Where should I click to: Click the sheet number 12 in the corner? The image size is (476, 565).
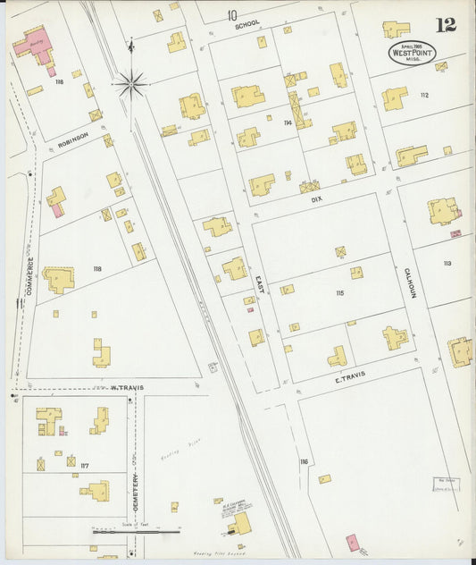pyautogui.click(x=446, y=24)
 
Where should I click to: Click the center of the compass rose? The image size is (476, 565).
pyautogui.click(x=130, y=85)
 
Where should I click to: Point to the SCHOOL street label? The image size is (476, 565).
pyautogui.click(x=246, y=26)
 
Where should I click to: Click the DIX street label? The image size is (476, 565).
pyautogui.click(x=315, y=200)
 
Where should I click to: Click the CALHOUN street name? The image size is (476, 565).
pyautogui.click(x=407, y=282)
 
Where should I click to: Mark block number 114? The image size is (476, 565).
pyautogui.click(x=288, y=122)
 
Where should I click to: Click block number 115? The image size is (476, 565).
pyautogui.click(x=339, y=293)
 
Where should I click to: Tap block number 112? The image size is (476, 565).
pyautogui.click(x=424, y=95)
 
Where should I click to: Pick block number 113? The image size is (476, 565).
pyautogui.click(x=447, y=263)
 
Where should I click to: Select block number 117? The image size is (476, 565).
pyautogui.click(x=84, y=465)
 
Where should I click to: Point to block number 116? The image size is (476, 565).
pyautogui.click(x=304, y=461)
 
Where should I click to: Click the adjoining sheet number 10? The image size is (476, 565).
pyautogui.click(x=232, y=15)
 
